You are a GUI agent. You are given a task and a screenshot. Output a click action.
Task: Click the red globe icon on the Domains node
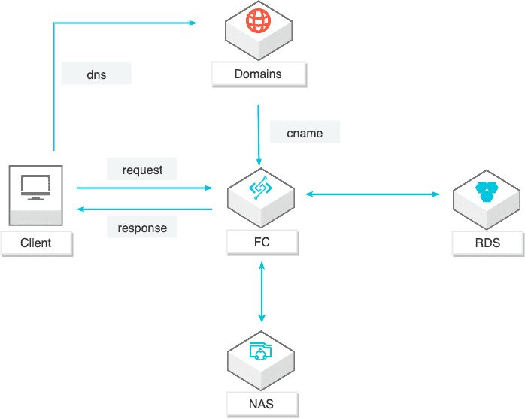click(x=259, y=20)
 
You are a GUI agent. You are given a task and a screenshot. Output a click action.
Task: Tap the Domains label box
click(x=259, y=74)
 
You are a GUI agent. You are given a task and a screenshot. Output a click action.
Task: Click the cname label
click(x=305, y=132)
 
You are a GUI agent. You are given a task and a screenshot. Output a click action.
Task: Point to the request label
click(x=142, y=169)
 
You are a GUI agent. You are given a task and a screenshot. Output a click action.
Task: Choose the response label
click(x=142, y=227)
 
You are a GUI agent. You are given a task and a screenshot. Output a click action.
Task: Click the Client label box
click(x=37, y=243)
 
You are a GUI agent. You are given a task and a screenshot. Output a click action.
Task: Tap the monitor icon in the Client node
click(x=36, y=188)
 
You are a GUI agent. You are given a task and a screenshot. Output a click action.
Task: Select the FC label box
click(x=262, y=243)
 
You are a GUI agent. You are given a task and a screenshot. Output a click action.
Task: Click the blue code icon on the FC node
click(x=260, y=188)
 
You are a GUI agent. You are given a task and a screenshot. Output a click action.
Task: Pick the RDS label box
click(x=488, y=243)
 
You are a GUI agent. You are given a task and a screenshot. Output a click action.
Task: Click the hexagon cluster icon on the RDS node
click(x=487, y=191)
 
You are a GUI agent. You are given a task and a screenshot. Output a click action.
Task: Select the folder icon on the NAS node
click(x=260, y=351)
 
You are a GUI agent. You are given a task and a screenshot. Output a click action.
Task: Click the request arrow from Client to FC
click(x=145, y=188)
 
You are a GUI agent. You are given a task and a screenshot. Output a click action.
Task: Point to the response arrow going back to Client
click(x=144, y=209)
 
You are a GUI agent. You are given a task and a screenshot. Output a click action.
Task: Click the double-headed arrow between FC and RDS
click(x=372, y=194)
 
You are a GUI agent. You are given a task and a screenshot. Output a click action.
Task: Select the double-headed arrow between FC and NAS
click(x=262, y=291)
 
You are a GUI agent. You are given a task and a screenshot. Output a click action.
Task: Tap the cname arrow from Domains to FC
click(x=259, y=136)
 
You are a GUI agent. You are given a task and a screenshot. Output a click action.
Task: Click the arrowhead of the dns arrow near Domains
click(x=193, y=23)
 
